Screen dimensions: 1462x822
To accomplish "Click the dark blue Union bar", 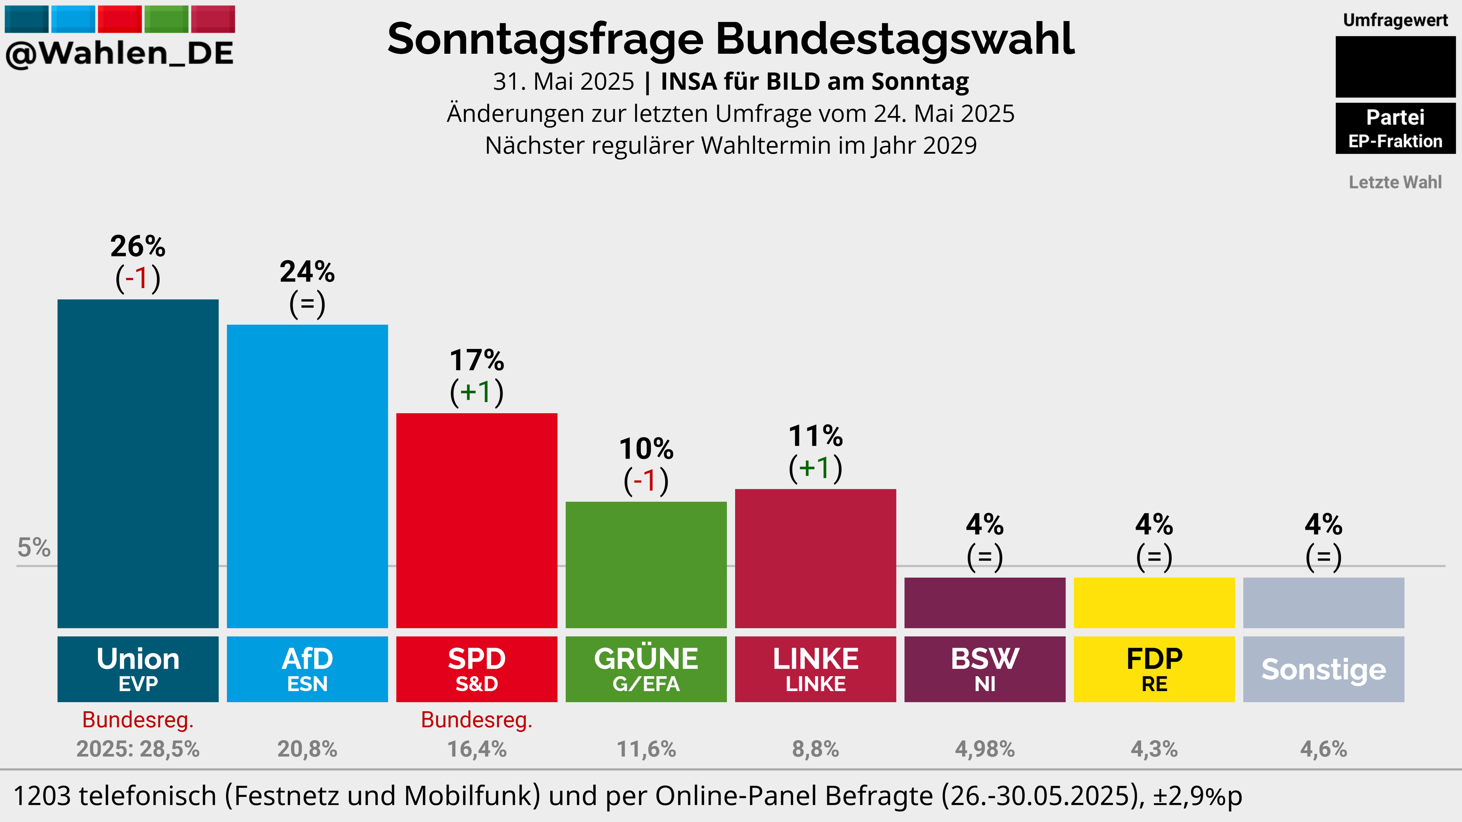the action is pos(138,464).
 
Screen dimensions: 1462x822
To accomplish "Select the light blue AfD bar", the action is pos(307,476).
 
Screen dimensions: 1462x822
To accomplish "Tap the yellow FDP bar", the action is pos(1154,602).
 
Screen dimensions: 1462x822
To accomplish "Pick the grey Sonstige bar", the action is pos(1323,602).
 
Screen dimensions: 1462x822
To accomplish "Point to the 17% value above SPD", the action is pos(477,360).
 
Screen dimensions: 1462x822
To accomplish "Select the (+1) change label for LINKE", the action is pos(816,468).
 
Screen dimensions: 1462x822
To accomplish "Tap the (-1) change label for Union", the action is pos(138,279).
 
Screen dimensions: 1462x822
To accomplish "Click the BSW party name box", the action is pos(985,669).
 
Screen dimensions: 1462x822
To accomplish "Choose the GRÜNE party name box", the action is pos(646,669).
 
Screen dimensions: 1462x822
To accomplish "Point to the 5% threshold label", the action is pos(34,548).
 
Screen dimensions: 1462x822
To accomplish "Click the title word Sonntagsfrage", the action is pos(545,40).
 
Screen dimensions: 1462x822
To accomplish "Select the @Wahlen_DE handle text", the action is pos(120,54).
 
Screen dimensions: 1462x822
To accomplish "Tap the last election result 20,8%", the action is pos(307,749).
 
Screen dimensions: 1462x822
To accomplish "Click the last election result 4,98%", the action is pos(985,749).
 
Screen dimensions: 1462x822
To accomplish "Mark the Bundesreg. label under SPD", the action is pos(477,720).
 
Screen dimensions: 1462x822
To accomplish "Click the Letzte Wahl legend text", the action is pos(1395,182).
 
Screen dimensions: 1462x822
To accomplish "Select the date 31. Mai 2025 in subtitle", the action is pos(564,82).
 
